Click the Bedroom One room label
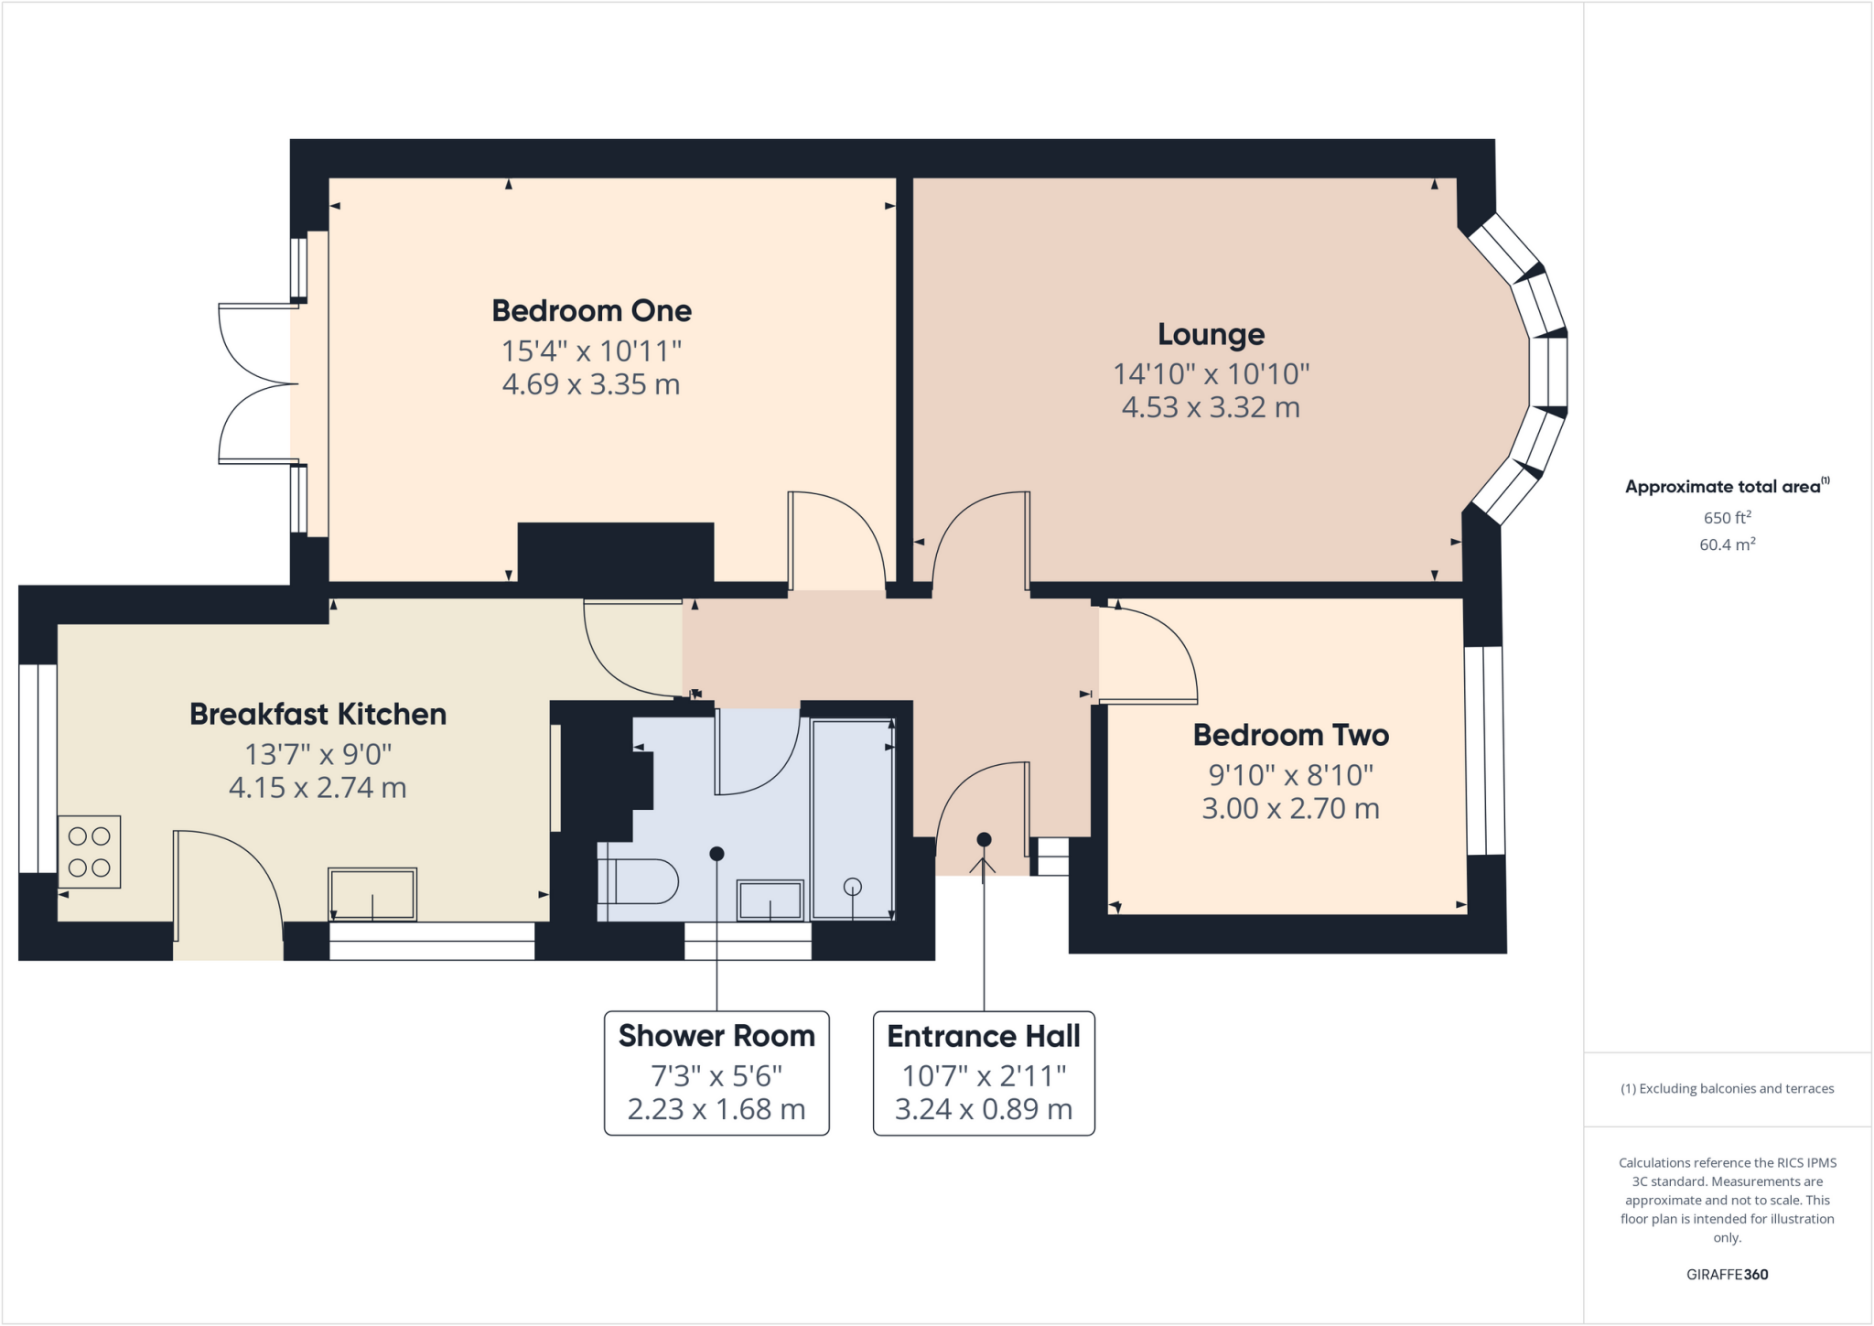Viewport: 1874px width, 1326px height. click(x=591, y=311)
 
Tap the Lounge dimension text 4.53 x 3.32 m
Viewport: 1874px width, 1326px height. click(x=1211, y=407)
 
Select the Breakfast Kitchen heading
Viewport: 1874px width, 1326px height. click(x=318, y=714)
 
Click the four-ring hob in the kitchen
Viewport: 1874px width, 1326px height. click(x=89, y=852)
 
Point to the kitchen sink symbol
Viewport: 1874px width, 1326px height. click(x=372, y=894)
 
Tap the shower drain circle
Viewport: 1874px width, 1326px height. click(x=852, y=886)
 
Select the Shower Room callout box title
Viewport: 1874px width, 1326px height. click(x=716, y=1036)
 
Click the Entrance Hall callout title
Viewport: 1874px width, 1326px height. click(x=984, y=1036)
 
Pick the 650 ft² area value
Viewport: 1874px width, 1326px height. click(x=1727, y=517)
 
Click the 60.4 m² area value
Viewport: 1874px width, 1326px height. click(x=1727, y=544)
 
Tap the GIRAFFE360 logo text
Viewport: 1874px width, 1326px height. click(x=1727, y=1274)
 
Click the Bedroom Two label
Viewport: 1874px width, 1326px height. click(x=1290, y=735)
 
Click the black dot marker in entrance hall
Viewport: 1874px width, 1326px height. click(x=984, y=839)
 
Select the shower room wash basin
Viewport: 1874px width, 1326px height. click(x=770, y=900)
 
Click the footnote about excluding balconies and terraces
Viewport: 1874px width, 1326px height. click(x=1727, y=1088)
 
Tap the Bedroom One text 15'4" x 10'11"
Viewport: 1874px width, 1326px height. click(x=591, y=350)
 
